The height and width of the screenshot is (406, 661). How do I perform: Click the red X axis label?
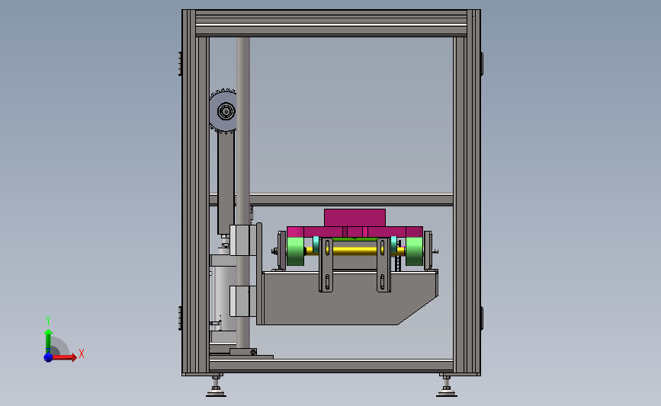82,353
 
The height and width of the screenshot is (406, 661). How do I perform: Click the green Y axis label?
48,321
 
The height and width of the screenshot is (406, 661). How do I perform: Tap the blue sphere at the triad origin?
49,357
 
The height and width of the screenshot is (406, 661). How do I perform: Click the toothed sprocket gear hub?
226,112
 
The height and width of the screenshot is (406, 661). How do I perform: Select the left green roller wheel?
296,251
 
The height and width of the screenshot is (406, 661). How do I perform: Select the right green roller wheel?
415,251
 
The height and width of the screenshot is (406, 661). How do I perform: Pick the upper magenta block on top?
355,218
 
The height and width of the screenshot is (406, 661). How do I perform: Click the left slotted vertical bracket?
326,265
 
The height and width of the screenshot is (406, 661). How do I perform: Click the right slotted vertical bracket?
383,265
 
